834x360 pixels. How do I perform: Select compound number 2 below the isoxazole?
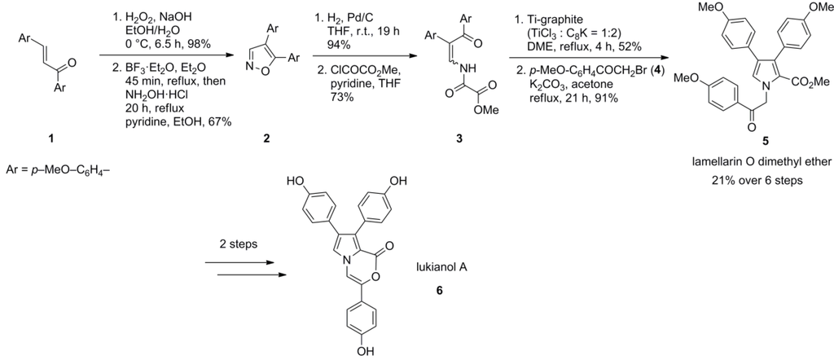266,139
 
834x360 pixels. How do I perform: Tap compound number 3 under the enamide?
458,139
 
